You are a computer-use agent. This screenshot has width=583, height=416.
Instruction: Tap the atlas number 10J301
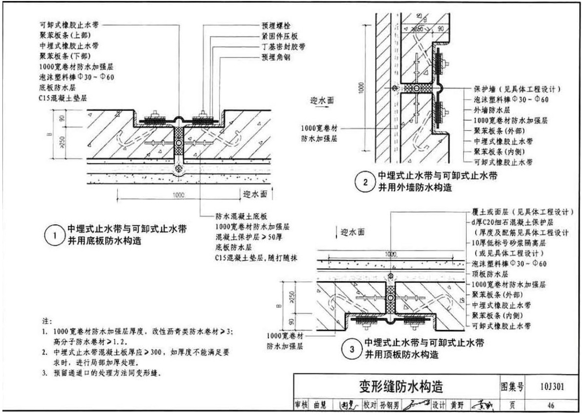pos(552,388)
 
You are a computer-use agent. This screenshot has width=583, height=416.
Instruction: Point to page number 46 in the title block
pos(551,405)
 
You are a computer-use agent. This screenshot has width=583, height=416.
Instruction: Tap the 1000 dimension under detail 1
pos(178,195)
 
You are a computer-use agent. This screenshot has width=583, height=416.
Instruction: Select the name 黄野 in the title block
pos(457,405)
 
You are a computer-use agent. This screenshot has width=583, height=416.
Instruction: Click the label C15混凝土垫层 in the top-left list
pos(63,97)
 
